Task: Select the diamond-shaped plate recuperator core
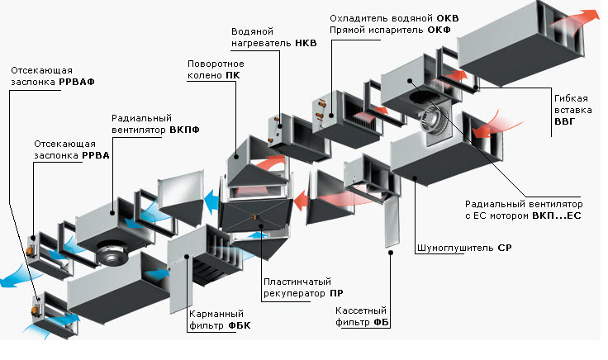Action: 256,220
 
